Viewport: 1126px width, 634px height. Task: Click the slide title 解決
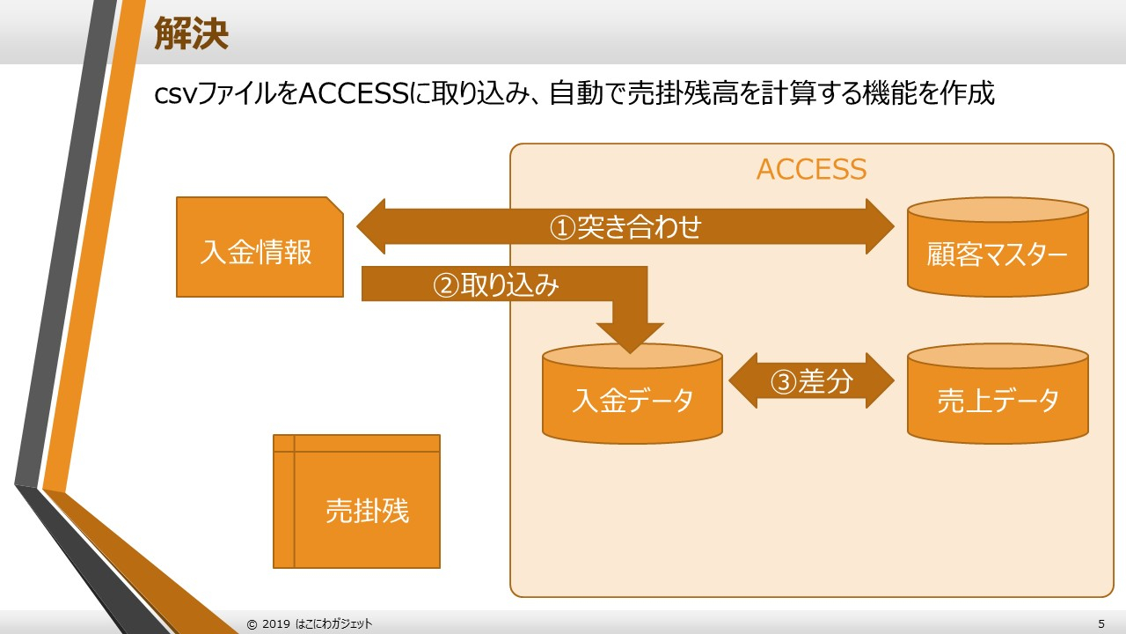[x=191, y=33]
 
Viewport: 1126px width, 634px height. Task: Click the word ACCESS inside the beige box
[x=811, y=169]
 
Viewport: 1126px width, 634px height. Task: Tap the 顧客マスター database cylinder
[x=997, y=254]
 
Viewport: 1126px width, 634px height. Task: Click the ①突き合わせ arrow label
[x=625, y=227]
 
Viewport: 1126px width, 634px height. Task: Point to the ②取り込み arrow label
[x=495, y=284]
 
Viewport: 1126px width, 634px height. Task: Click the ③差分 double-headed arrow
[x=811, y=380]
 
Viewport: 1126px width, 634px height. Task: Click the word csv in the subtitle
[x=172, y=94]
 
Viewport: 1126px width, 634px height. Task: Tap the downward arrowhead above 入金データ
[x=630, y=336]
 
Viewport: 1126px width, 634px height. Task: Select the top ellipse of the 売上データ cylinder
[x=997, y=356]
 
